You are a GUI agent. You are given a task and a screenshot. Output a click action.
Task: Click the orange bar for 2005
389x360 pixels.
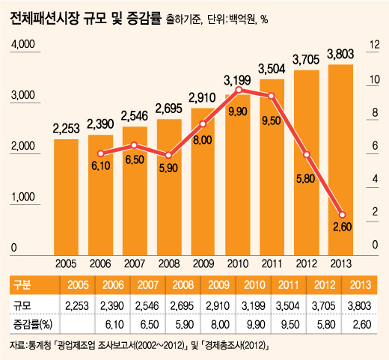click(x=66, y=196)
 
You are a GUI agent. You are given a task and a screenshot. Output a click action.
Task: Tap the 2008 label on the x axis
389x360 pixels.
click(x=169, y=263)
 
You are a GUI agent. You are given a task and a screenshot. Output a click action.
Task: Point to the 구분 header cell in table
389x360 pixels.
click(x=22, y=284)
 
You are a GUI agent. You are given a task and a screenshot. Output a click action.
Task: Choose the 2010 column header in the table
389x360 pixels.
click(x=238, y=284)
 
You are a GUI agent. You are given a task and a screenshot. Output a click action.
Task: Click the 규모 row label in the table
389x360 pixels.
click(x=22, y=305)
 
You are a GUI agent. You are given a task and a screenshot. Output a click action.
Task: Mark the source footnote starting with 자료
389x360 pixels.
click(x=138, y=346)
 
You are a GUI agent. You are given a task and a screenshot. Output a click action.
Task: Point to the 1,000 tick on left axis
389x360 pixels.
click(x=23, y=198)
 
